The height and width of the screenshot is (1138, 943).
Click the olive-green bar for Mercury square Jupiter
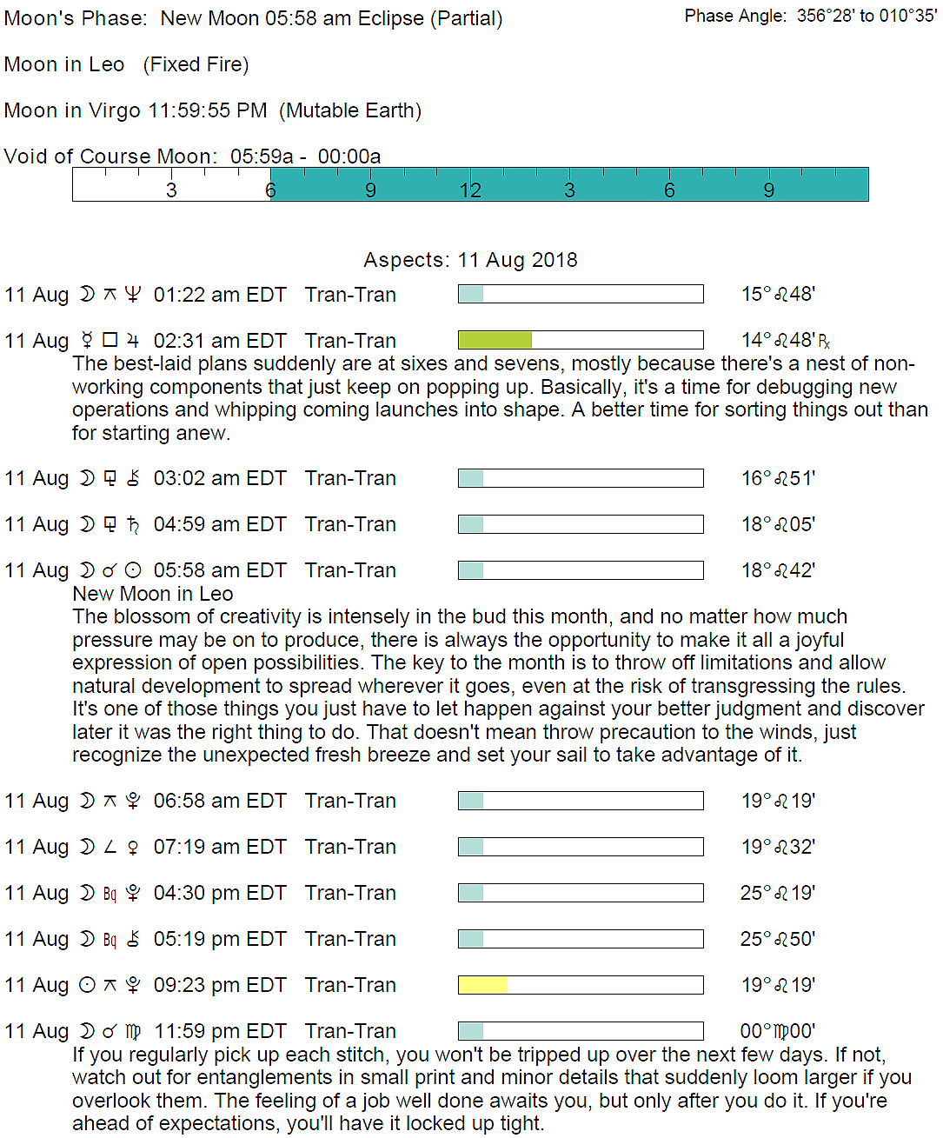click(x=495, y=340)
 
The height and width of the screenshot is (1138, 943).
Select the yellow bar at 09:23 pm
click(x=482, y=985)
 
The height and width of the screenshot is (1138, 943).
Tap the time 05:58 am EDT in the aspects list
click(x=220, y=570)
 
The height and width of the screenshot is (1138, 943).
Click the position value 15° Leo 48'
click(x=778, y=294)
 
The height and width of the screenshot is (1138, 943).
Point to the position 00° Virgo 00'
click(x=778, y=1031)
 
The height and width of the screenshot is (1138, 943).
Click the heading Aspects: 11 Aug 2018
click(x=470, y=260)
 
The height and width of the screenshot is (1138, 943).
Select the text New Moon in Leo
click(x=153, y=594)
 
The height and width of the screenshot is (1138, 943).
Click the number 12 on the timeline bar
click(x=470, y=190)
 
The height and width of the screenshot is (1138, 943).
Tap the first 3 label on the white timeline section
click(x=171, y=190)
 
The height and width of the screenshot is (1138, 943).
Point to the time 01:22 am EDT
click(x=220, y=295)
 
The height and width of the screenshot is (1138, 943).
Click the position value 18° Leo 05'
click(x=778, y=524)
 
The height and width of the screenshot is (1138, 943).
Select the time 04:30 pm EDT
click(x=220, y=893)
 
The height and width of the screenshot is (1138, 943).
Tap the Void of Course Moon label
click(x=110, y=156)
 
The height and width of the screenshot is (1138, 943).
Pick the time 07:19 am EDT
click(x=220, y=847)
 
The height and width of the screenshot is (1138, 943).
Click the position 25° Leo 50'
click(x=778, y=939)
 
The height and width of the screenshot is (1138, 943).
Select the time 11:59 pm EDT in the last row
click(x=220, y=1031)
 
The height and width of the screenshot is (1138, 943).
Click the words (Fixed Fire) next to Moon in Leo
click(x=196, y=64)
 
